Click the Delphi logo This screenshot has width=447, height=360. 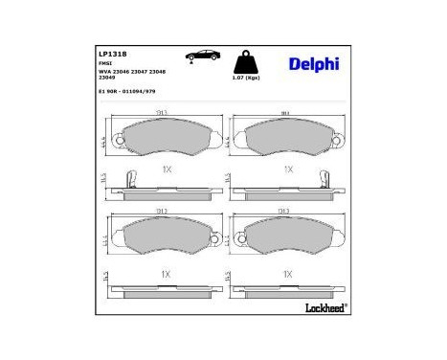click(x=313, y=64)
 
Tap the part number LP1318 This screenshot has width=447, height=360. click(x=113, y=55)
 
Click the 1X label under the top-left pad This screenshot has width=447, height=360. click(x=165, y=169)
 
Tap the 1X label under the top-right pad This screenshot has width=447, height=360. click(x=286, y=169)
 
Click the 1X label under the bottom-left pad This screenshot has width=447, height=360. click(x=165, y=274)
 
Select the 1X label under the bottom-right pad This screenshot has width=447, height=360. click(x=286, y=274)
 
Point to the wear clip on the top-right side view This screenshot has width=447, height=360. click(x=324, y=179)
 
